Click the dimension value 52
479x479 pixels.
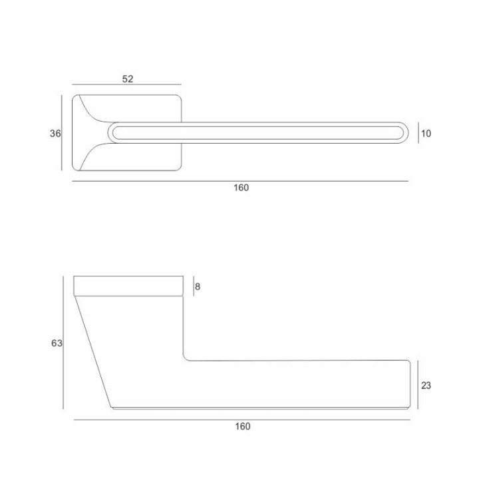coord(128,79)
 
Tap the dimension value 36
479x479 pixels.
coord(55,134)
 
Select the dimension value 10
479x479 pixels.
coord(426,134)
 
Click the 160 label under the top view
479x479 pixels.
coord(241,188)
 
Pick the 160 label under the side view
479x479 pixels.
coord(243,426)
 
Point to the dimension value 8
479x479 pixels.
coord(198,287)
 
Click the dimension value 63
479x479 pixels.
coord(57,343)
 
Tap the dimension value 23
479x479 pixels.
coord(426,385)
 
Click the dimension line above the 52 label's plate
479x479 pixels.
coord(127,84)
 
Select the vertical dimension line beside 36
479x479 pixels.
coord(62,132)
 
